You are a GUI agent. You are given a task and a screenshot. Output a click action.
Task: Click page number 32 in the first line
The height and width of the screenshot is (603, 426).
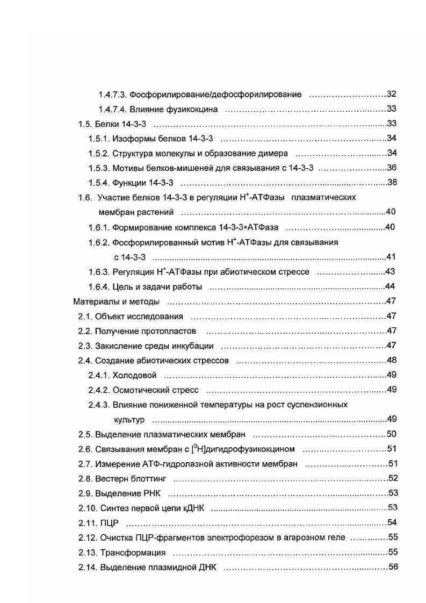click(392, 95)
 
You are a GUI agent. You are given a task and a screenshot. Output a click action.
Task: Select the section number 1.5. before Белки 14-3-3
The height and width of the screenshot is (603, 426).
click(85, 124)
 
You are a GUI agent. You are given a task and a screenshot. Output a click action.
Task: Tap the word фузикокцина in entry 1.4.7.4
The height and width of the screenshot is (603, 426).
click(193, 110)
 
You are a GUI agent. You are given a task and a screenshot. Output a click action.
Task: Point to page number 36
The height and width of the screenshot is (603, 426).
click(392, 168)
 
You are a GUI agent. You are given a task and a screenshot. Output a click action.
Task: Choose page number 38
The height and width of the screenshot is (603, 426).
click(392, 183)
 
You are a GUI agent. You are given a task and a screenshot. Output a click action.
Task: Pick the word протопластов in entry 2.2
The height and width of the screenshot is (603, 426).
click(171, 331)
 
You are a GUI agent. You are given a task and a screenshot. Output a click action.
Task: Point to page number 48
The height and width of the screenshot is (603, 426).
click(392, 360)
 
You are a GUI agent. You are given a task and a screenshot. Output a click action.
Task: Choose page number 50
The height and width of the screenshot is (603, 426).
click(392, 434)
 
